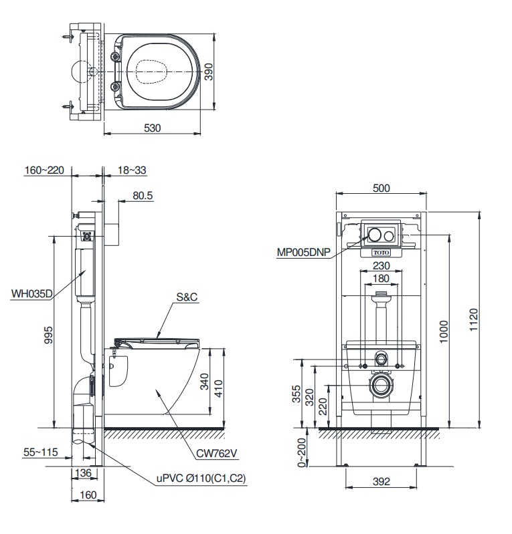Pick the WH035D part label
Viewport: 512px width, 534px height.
pos(31,292)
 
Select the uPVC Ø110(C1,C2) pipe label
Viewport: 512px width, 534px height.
pos(202,479)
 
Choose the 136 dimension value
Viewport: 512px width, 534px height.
pos(82,473)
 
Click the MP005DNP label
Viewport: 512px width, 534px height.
pos(305,252)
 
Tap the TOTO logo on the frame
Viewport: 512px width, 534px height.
pos(380,253)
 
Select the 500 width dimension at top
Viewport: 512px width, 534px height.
pos(380,188)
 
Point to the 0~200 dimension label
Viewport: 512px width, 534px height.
pos(303,451)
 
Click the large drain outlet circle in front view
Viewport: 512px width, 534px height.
pos(381,386)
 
